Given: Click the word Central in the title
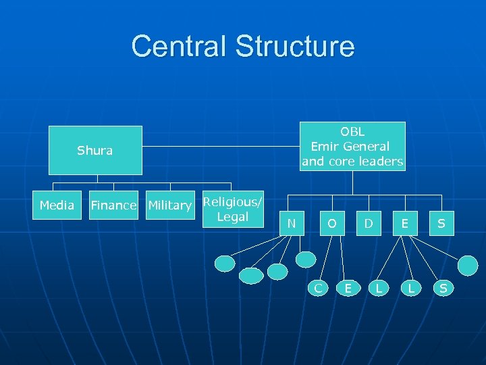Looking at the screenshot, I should [x=179, y=46].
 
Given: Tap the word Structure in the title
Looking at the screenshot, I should [x=295, y=46].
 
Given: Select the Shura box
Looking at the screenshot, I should [x=94, y=151].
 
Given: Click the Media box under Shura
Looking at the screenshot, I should [x=57, y=205].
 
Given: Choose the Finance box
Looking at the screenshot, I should [x=113, y=205].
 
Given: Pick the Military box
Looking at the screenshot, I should [x=169, y=205].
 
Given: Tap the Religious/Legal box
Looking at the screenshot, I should [x=233, y=210].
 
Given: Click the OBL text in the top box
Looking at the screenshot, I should [x=352, y=132].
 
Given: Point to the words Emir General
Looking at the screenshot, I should [x=350, y=146].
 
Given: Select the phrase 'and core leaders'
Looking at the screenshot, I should [x=352, y=162].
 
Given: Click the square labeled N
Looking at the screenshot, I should [x=291, y=223].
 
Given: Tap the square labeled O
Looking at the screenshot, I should [x=332, y=223].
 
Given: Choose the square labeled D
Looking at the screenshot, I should [x=369, y=223].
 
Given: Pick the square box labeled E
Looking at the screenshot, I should [x=404, y=223].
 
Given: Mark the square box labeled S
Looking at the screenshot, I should [x=441, y=223].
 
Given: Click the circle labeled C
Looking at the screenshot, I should [x=317, y=288].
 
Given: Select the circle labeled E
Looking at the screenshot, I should [x=348, y=288].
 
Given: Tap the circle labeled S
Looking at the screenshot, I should [x=443, y=288].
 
